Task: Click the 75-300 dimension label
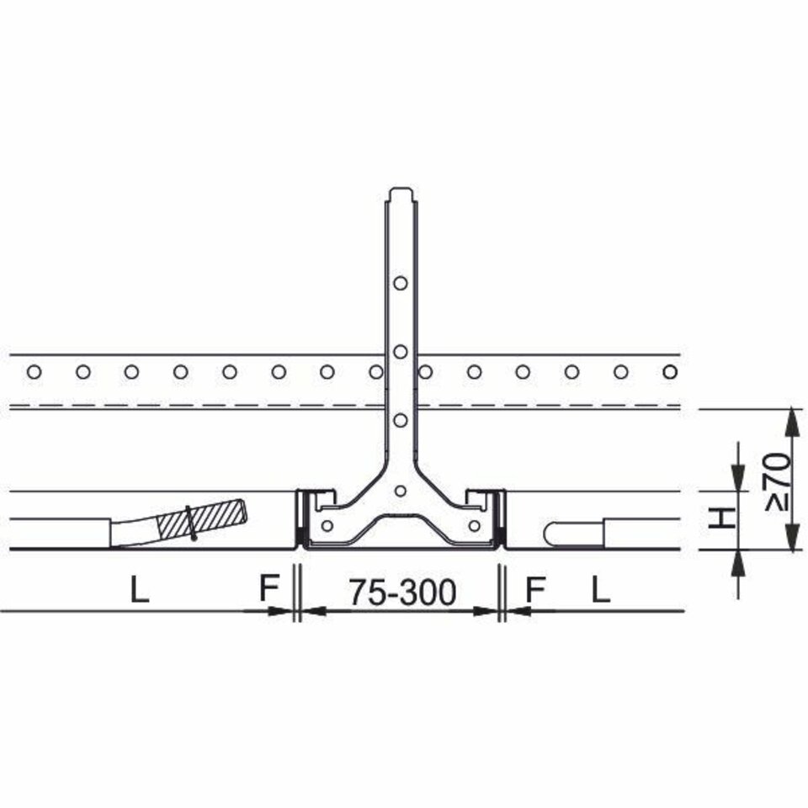[x=402, y=592]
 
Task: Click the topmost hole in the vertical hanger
[x=401, y=283]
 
